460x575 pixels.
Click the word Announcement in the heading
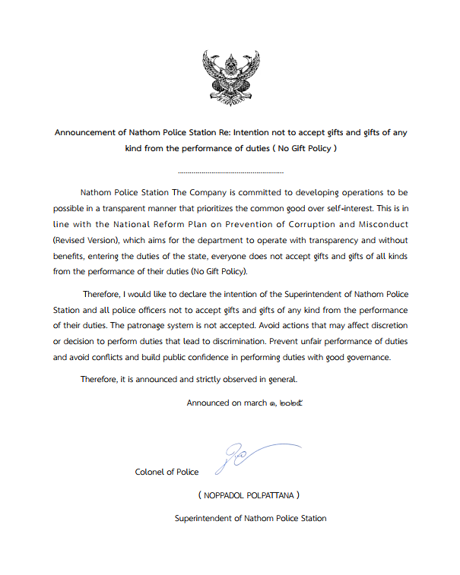(x=85, y=132)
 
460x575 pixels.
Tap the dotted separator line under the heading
(x=230, y=173)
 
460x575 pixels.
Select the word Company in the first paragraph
(x=214, y=193)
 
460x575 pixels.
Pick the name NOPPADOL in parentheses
(x=227, y=495)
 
